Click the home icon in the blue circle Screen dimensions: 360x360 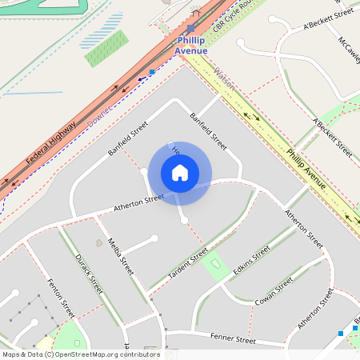click(x=180, y=173)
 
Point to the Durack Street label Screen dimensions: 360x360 click(x=89, y=272)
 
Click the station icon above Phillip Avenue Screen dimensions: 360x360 click(x=190, y=28)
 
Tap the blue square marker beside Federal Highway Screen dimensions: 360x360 click(x=152, y=72)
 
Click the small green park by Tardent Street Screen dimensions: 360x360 click(x=214, y=265)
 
